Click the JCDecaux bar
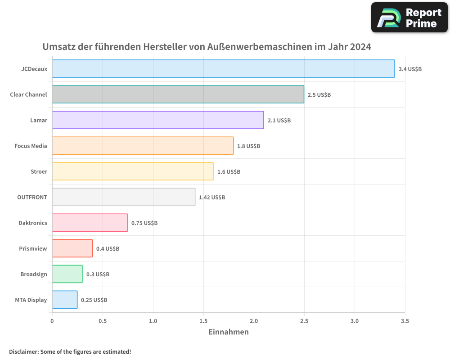pyautogui.click(x=223, y=69)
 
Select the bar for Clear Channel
pyautogui.click(x=178, y=94)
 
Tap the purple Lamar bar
pyautogui.click(x=157, y=120)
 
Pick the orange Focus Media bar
pyautogui.click(x=143, y=146)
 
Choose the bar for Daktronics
pyautogui.click(x=90, y=223)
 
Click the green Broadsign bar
pyautogui.click(x=67, y=274)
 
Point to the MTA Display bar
pyautogui.click(x=65, y=300)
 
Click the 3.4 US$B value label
pyautogui.click(x=410, y=69)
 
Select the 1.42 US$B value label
pyautogui.click(x=212, y=198)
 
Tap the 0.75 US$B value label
pyautogui.click(x=144, y=223)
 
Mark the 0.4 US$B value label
pyautogui.click(x=108, y=249)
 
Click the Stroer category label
pyautogui.click(x=39, y=171)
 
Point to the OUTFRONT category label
pyautogui.click(x=33, y=197)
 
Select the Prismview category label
pyautogui.click(x=33, y=248)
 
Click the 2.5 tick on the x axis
pyautogui.click(x=304, y=321)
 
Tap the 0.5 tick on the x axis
pyautogui.click(x=103, y=321)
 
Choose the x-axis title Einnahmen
pyautogui.click(x=229, y=332)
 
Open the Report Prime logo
pyautogui.click(x=409, y=18)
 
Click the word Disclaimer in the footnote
pyautogui.click(x=23, y=351)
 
